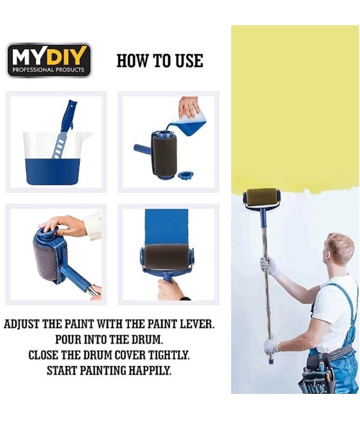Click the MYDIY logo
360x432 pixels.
(49, 60)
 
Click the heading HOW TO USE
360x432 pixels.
(160, 61)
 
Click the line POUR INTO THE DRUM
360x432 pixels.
(109, 339)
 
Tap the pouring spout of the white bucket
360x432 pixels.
(88, 135)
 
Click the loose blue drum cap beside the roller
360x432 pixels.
(186, 175)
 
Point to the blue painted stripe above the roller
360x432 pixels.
(167, 227)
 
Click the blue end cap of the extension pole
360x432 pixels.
(271, 361)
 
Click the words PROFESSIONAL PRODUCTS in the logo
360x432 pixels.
(48, 70)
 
